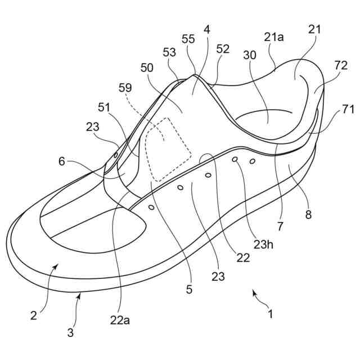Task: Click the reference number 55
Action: (188, 39)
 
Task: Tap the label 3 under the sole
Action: (70, 332)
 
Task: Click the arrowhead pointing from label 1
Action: (254, 292)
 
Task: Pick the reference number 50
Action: (147, 67)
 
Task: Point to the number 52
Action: (223, 49)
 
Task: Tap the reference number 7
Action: (280, 226)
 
